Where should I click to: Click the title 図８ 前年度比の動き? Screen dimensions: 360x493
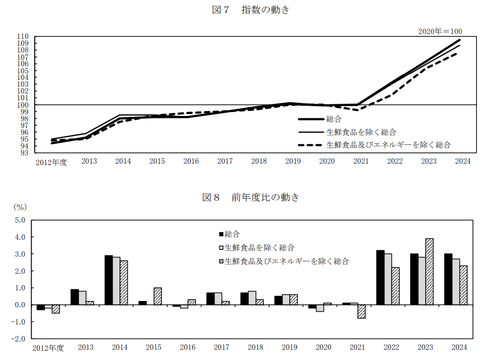pos(251,197)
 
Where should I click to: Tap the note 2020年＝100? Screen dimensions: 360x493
pos(440,31)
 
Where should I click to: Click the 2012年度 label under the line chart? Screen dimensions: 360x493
pos(51,162)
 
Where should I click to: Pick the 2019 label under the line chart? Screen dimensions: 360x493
pos(293,161)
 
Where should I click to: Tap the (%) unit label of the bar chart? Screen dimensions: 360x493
pos(20,207)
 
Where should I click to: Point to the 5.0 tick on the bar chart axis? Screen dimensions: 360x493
pos(20,220)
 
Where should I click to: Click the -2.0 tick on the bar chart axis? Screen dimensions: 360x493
pos(19,339)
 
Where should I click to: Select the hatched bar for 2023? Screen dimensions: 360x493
pos(429,272)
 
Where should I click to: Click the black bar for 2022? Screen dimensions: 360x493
pos(380,278)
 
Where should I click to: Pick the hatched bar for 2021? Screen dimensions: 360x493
pos(361,312)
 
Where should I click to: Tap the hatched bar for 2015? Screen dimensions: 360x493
pos(158,296)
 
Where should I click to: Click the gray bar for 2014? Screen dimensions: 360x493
pos(116,281)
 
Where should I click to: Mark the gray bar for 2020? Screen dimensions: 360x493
pos(320,308)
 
